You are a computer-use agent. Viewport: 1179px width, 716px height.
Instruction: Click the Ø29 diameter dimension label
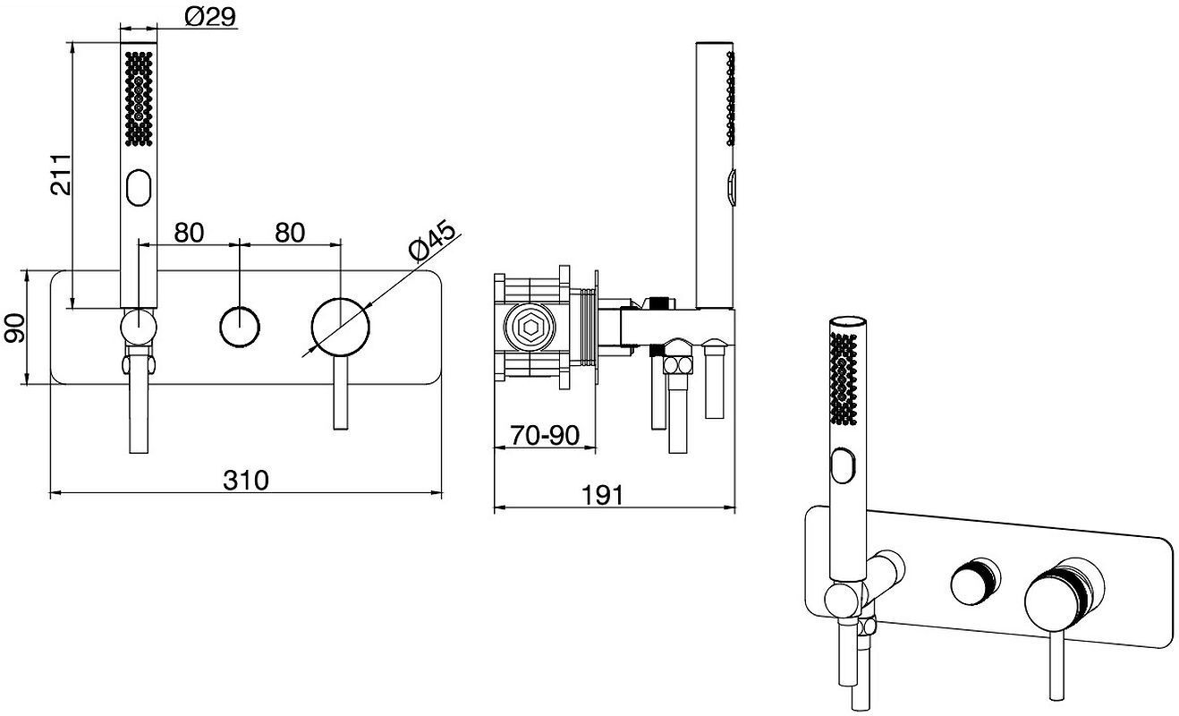(x=210, y=17)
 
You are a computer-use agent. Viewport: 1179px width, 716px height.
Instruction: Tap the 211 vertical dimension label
(x=61, y=175)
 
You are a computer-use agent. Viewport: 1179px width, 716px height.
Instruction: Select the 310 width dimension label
(x=245, y=480)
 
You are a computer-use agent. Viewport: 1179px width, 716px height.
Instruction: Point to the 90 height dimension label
(x=13, y=328)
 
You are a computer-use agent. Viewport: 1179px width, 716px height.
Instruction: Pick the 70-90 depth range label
(x=545, y=435)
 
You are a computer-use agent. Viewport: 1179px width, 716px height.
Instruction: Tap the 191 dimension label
(x=602, y=495)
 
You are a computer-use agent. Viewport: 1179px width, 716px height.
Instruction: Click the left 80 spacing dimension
(x=189, y=233)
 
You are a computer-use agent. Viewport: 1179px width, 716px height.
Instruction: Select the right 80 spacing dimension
(x=290, y=233)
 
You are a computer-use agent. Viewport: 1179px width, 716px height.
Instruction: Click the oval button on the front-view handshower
(x=139, y=188)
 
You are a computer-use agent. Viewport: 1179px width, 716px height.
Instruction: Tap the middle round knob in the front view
(x=240, y=327)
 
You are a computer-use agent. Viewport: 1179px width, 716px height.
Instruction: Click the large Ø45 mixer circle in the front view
(x=341, y=327)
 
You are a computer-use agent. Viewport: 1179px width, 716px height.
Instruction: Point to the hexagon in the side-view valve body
(x=529, y=327)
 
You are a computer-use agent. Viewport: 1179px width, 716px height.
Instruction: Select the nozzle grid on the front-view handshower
(x=139, y=98)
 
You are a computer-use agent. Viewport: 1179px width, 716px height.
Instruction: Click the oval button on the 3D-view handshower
(x=844, y=465)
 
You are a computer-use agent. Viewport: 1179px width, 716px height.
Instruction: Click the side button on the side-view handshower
(x=731, y=187)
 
